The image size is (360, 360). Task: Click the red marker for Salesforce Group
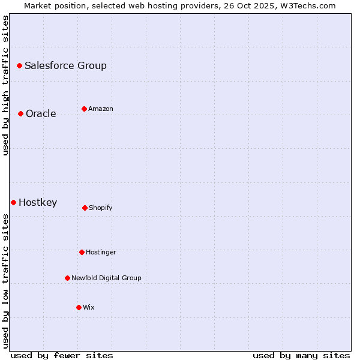pyautogui.click(x=19, y=65)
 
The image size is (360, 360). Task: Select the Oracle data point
pyautogui.click(x=20, y=113)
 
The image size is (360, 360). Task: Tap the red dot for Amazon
pyautogui.click(x=84, y=109)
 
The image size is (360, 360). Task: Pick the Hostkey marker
pyautogui.click(x=13, y=202)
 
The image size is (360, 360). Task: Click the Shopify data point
pyautogui.click(x=85, y=208)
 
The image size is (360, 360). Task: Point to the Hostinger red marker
pyautogui.click(x=82, y=252)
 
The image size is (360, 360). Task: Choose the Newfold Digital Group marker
pyautogui.click(x=67, y=278)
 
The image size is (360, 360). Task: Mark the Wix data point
pyautogui.click(x=79, y=307)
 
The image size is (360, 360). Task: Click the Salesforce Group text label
pyautogui.click(x=65, y=65)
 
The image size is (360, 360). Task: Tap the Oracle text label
pyautogui.click(x=41, y=113)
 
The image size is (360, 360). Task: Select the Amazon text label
pyautogui.click(x=101, y=109)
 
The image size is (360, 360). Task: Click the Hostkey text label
pyautogui.click(x=38, y=202)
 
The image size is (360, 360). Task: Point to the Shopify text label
pyautogui.click(x=101, y=208)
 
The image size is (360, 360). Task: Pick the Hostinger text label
pyautogui.click(x=101, y=252)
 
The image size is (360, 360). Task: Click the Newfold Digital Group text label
pyautogui.click(x=106, y=278)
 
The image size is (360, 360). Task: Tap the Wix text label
pyautogui.click(x=89, y=307)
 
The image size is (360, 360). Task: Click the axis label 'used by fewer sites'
pyautogui.click(x=62, y=355)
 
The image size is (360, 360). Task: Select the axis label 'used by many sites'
pyautogui.click(x=301, y=355)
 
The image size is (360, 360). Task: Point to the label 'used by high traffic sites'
pyautogui.click(x=5, y=85)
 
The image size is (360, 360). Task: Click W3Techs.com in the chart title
pyautogui.click(x=306, y=5)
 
